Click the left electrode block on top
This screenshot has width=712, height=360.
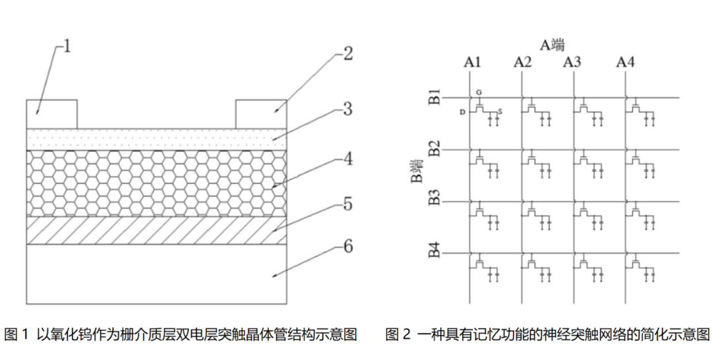click(x=52, y=113)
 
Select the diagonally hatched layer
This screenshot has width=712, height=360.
click(x=157, y=231)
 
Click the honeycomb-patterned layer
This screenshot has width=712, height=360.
click(x=157, y=183)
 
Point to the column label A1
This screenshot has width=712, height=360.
click(x=472, y=63)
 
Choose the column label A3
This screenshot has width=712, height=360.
click(x=572, y=63)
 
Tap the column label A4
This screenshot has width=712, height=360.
click(x=625, y=63)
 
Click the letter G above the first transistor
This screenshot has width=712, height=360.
click(x=479, y=92)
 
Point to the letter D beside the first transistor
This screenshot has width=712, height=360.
click(x=463, y=113)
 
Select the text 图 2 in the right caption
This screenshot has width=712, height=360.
click(x=398, y=334)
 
